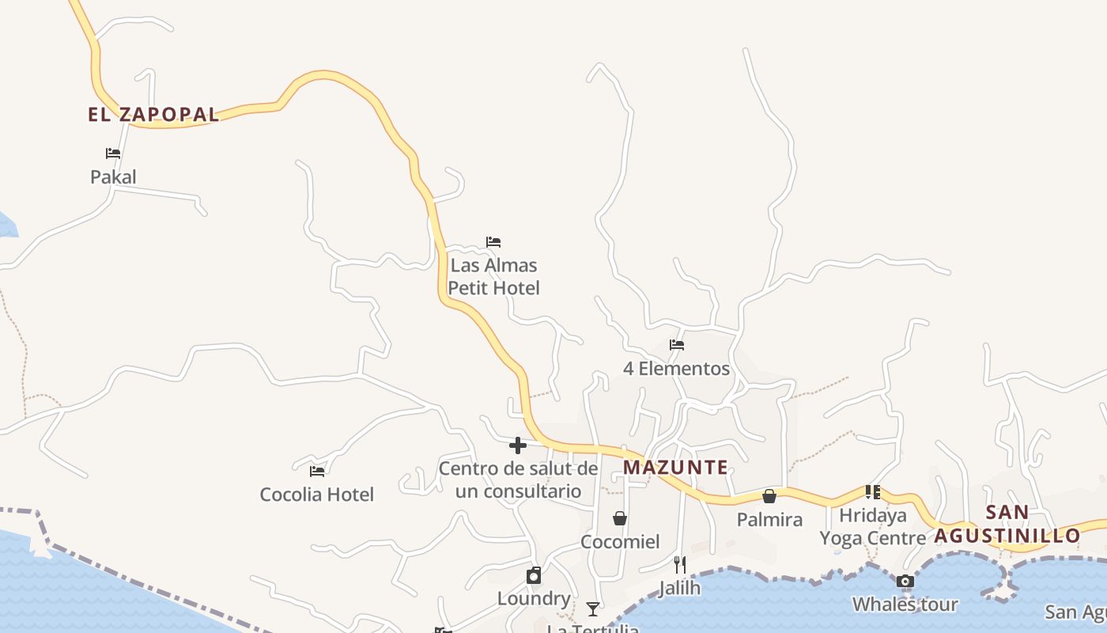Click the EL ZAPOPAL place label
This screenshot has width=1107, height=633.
click(x=153, y=115)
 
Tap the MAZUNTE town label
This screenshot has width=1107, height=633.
click(x=675, y=468)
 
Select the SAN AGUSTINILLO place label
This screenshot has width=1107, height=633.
click(x=1007, y=524)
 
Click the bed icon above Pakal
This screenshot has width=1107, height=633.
click(x=113, y=154)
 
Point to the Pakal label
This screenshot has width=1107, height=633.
click(x=113, y=177)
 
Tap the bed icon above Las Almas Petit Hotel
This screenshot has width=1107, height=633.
click(x=493, y=242)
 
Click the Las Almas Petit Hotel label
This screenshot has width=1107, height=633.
click(x=493, y=277)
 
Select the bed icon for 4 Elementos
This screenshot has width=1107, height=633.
click(x=676, y=345)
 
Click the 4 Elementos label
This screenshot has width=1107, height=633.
click(x=676, y=369)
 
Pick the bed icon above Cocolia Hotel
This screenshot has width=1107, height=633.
click(x=317, y=472)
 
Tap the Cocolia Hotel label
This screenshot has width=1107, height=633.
click(x=317, y=495)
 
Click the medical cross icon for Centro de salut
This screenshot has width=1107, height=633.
click(x=518, y=445)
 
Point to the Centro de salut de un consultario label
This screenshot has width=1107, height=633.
click(x=518, y=480)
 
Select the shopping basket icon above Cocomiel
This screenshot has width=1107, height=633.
click(x=620, y=518)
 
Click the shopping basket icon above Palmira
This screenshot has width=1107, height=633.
click(x=769, y=496)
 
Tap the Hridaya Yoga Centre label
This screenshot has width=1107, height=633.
click(x=873, y=527)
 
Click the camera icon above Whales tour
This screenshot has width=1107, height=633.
click(x=905, y=582)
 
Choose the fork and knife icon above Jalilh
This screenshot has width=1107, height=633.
click(x=679, y=564)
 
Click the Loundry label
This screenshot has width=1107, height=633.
click(x=534, y=599)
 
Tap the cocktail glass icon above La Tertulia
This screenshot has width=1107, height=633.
click(x=593, y=608)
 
